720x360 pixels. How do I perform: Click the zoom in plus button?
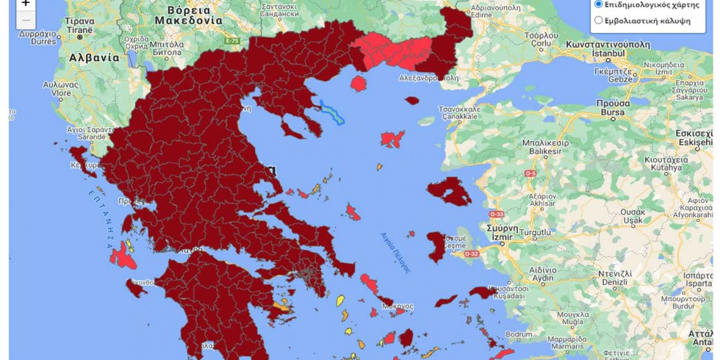[x=25, y=4]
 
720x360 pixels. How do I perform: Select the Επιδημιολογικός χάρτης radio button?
[x=599, y=4]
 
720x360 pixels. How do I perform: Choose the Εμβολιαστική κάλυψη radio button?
[x=599, y=20]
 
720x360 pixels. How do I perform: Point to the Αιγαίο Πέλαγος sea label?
[x=395, y=252]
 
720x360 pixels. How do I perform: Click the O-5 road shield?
[x=530, y=173]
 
